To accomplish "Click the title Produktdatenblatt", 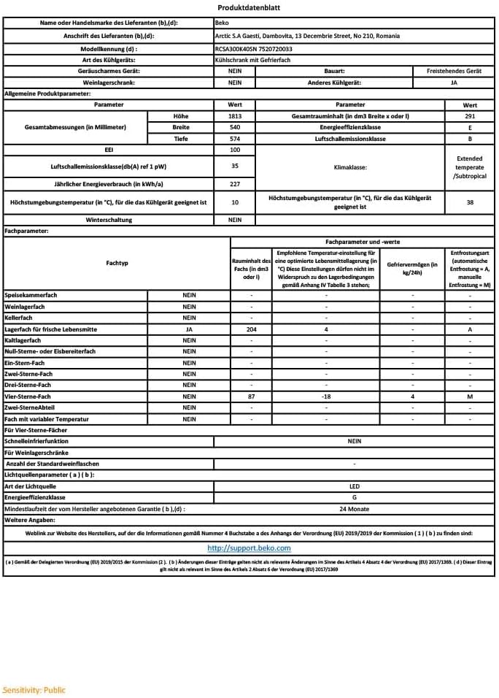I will pyautogui.click(x=248, y=8).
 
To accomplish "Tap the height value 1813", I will pyautogui.click(x=235, y=116).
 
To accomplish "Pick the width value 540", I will pyautogui.click(x=235, y=127).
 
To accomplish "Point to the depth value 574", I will pyautogui.click(x=235, y=138).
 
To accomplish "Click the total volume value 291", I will pyautogui.click(x=470, y=116).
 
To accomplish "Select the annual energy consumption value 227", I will pyautogui.click(x=235, y=184).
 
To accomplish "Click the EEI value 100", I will pyautogui.click(x=235, y=149).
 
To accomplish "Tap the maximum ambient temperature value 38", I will pyautogui.click(x=470, y=202).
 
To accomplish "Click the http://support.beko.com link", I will pyautogui.click(x=249, y=548).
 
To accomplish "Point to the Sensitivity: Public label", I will pyautogui.click(x=34, y=689).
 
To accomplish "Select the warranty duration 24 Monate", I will pyautogui.click(x=355, y=508).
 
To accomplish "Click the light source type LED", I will pyautogui.click(x=355, y=486).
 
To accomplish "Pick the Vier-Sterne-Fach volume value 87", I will pyautogui.click(x=252, y=396).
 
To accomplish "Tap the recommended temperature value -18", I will pyautogui.click(x=326, y=396).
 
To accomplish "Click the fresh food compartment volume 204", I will pyautogui.click(x=252, y=329).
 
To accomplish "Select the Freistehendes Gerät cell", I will pyautogui.click(x=453, y=71).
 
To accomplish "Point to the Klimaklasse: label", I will pyautogui.click(x=350, y=166).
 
